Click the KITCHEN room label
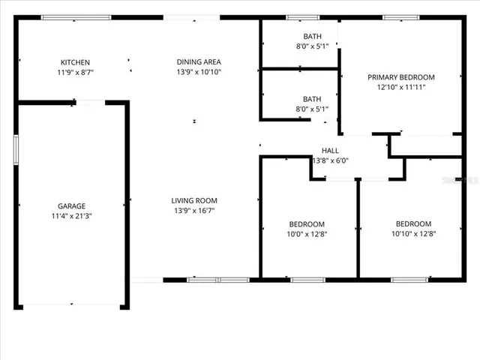[75, 62]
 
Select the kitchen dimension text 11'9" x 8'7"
[75, 72]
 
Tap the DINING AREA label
[198, 62]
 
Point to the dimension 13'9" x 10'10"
[198, 72]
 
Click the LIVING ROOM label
[194, 200]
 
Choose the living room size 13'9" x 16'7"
[194, 210]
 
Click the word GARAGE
[71, 206]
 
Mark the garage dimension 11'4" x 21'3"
[71, 216]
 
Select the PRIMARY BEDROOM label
[400, 76]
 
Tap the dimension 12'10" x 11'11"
[400, 86]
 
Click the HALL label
[330, 151]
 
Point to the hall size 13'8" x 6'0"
[330, 160]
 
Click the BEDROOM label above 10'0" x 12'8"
[307, 224]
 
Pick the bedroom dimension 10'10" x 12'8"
[413, 233]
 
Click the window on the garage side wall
[16, 148]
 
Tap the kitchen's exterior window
[76, 17]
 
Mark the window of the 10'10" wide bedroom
[409, 280]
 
